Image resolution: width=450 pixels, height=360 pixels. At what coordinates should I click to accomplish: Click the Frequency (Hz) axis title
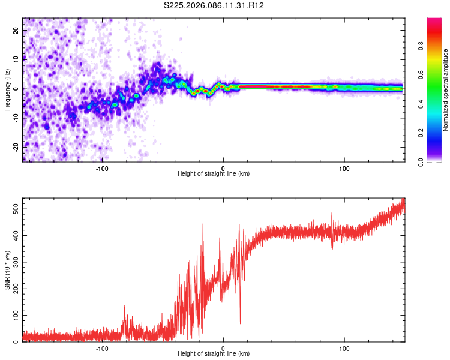[x=7, y=89]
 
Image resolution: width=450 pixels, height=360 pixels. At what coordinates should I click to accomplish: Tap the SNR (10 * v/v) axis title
[x=7, y=269]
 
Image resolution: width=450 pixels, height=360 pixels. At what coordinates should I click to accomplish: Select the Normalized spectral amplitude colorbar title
[x=446, y=90]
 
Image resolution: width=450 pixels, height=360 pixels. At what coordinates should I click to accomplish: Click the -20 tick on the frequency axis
[x=16, y=146]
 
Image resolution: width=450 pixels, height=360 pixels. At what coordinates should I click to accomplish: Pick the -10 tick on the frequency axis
[x=16, y=118]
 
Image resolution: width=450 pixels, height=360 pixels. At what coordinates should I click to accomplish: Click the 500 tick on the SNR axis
[x=16, y=208]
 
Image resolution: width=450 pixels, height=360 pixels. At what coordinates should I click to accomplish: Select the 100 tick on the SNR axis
[x=16, y=315]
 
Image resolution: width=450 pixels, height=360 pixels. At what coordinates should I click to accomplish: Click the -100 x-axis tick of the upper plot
[x=102, y=169]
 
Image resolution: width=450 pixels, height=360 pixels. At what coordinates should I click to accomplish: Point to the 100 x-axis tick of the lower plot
[x=345, y=349]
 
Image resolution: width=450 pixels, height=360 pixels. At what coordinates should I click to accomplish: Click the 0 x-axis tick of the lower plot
[x=223, y=349]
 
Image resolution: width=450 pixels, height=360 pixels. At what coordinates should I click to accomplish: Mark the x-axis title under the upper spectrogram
[x=214, y=174]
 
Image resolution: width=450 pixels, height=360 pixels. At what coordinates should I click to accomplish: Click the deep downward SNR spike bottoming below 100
[x=241, y=322]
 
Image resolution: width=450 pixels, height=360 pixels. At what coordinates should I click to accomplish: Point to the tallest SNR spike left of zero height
[x=203, y=225]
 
